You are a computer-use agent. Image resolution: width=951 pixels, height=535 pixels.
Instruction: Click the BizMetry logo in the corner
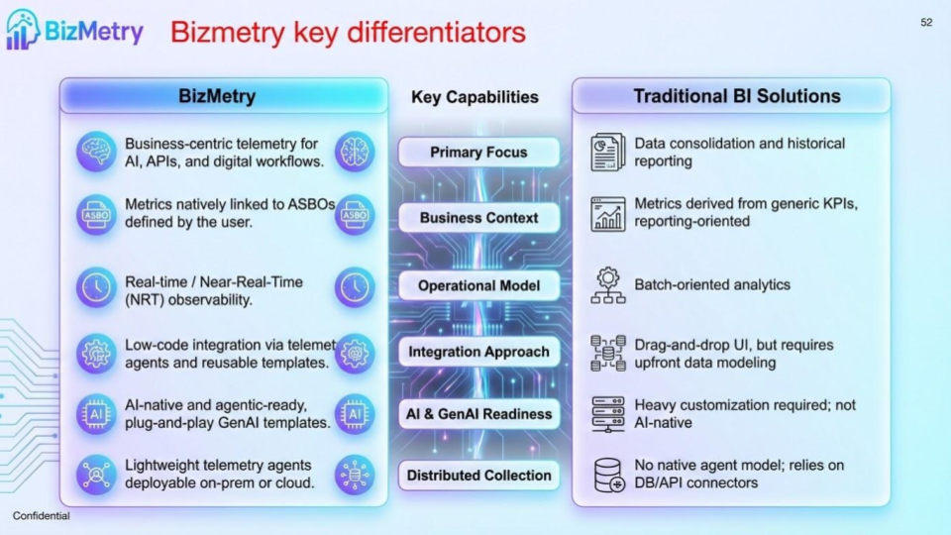tap(73, 30)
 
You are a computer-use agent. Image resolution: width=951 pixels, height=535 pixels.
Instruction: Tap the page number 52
tap(926, 22)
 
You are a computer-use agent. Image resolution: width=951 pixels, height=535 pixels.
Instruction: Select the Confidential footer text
tap(42, 515)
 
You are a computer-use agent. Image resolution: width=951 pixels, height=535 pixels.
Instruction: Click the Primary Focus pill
tap(478, 153)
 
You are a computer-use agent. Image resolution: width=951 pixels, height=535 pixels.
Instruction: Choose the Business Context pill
tap(478, 218)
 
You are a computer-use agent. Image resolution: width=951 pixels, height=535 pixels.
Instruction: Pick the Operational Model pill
tap(478, 285)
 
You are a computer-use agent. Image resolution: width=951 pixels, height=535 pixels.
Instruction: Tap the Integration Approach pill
tap(478, 352)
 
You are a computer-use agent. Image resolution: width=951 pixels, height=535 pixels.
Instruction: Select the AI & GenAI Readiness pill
tap(478, 414)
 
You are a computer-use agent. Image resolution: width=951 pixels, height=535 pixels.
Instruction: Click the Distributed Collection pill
tap(478, 476)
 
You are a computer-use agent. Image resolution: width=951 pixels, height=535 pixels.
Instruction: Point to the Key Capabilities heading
tap(475, 97)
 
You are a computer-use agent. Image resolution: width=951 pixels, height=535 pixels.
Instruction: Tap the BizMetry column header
tap(217, 96)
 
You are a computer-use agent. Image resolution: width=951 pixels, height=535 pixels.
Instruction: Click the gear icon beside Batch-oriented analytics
tap(607, 284)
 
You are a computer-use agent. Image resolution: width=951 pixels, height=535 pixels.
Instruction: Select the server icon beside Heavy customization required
tap(607, 414)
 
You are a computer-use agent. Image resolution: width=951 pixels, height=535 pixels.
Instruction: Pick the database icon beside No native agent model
tap(607, 475)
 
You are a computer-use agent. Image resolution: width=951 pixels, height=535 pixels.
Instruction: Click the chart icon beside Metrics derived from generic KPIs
tap(607, 213)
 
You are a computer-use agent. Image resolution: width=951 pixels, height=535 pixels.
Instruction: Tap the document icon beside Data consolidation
tap(607, 152)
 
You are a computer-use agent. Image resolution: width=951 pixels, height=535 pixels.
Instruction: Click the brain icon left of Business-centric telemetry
tap(96, 153)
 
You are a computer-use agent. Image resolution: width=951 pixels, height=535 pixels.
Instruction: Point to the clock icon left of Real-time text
tap(96, 288)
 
